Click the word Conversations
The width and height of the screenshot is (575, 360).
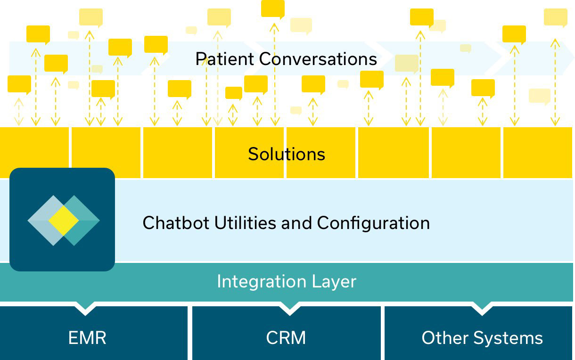tap(318, 59)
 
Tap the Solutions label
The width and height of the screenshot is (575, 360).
tap(287, 154)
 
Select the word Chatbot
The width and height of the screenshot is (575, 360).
tap(176, 222)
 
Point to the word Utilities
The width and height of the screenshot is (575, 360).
tap(245, 222)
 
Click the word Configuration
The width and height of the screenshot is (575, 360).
tap(373, 223)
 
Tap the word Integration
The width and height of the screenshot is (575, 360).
tap(262, 282)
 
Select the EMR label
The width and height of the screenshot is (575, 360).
tap(87, 338)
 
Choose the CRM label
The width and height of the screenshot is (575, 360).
tap(286, 338)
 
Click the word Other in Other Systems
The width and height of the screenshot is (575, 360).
tap(445, 338)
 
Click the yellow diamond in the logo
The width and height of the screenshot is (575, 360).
tap(64, 221)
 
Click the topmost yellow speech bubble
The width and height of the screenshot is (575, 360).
tap(273, 9)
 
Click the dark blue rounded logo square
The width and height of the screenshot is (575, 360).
tap(62, 220)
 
